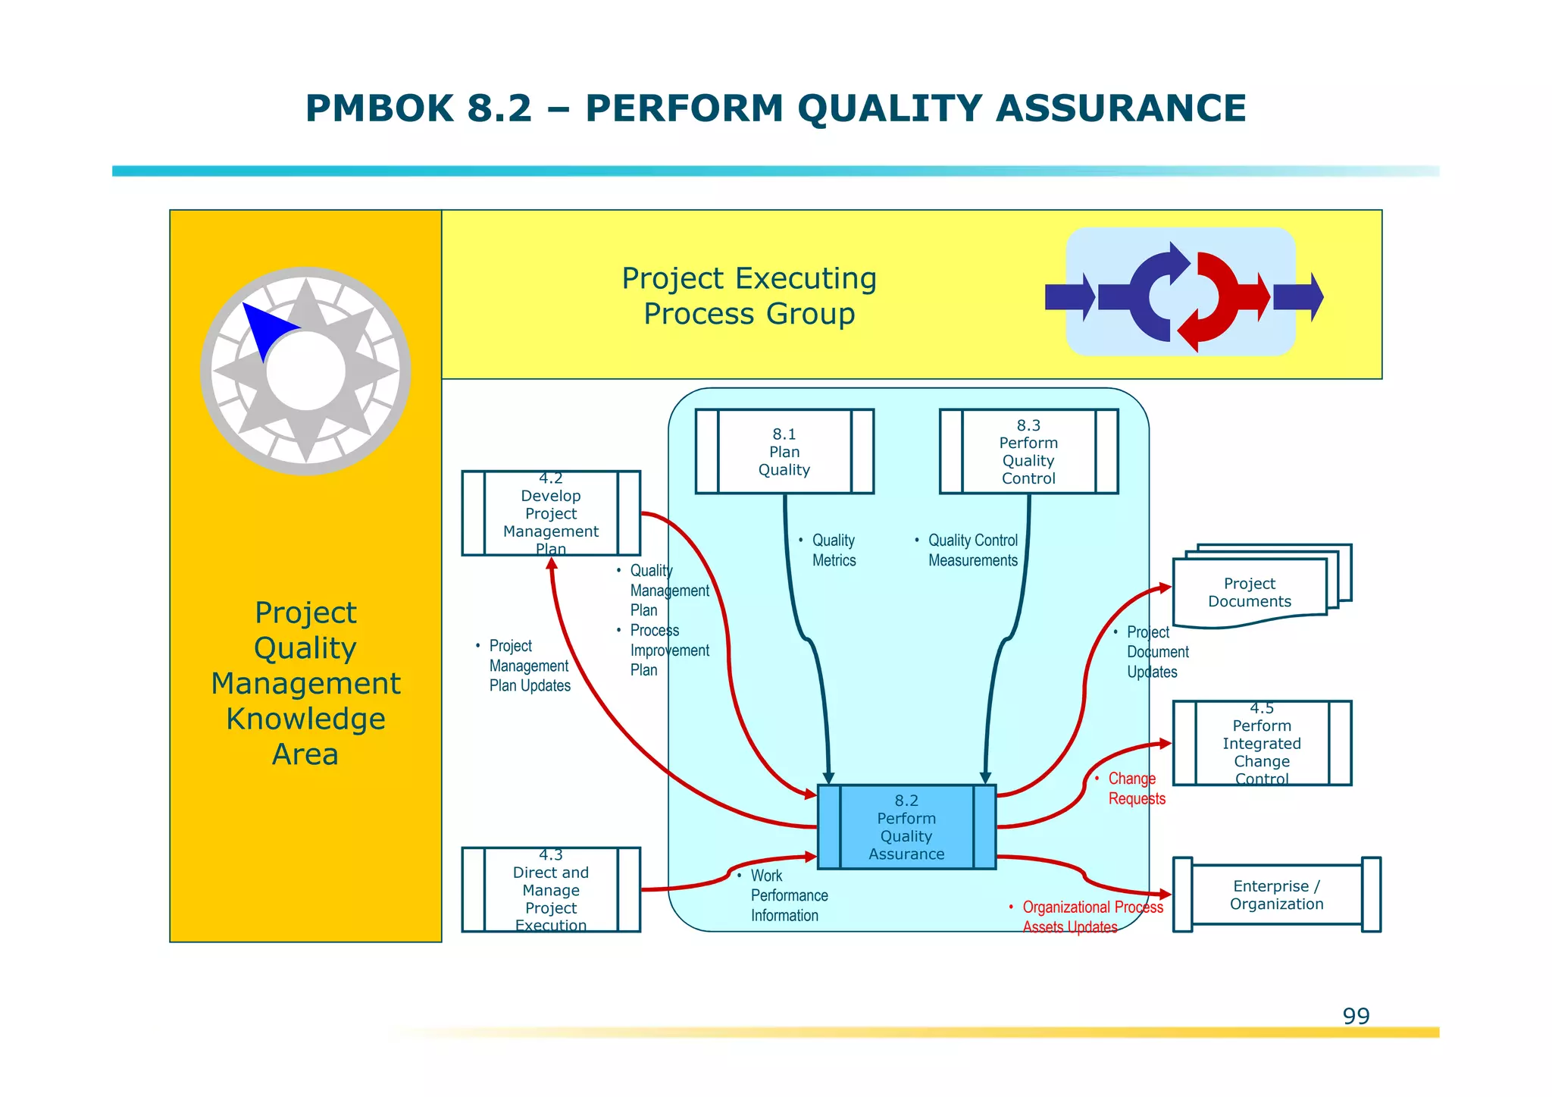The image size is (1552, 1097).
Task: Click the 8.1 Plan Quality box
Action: pos(784,452)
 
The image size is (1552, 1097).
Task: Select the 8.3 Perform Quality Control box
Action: pos(1028,452)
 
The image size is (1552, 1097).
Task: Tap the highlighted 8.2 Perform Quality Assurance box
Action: pos(906,827)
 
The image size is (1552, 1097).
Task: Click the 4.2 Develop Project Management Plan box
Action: pos(551,513)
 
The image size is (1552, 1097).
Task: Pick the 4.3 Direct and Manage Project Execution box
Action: pos(551,890)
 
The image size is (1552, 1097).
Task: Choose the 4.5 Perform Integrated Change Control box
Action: pos(1262,743)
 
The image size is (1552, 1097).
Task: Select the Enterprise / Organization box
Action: pos(1277,895)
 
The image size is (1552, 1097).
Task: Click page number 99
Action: pos(1356,1016)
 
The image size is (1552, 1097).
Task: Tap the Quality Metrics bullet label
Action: pos(834,550)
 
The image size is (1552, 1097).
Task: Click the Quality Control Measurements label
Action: pos(973,550)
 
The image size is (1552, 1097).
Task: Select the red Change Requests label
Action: pos(1136,788)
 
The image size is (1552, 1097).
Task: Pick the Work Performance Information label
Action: pos(788,895)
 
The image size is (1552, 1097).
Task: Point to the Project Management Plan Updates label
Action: pos(529,666)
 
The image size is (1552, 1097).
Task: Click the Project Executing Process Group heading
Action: pos(749,296)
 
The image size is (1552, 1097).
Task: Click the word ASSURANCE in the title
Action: pos(1121,108)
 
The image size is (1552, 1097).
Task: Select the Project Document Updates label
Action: pos(1156,652)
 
